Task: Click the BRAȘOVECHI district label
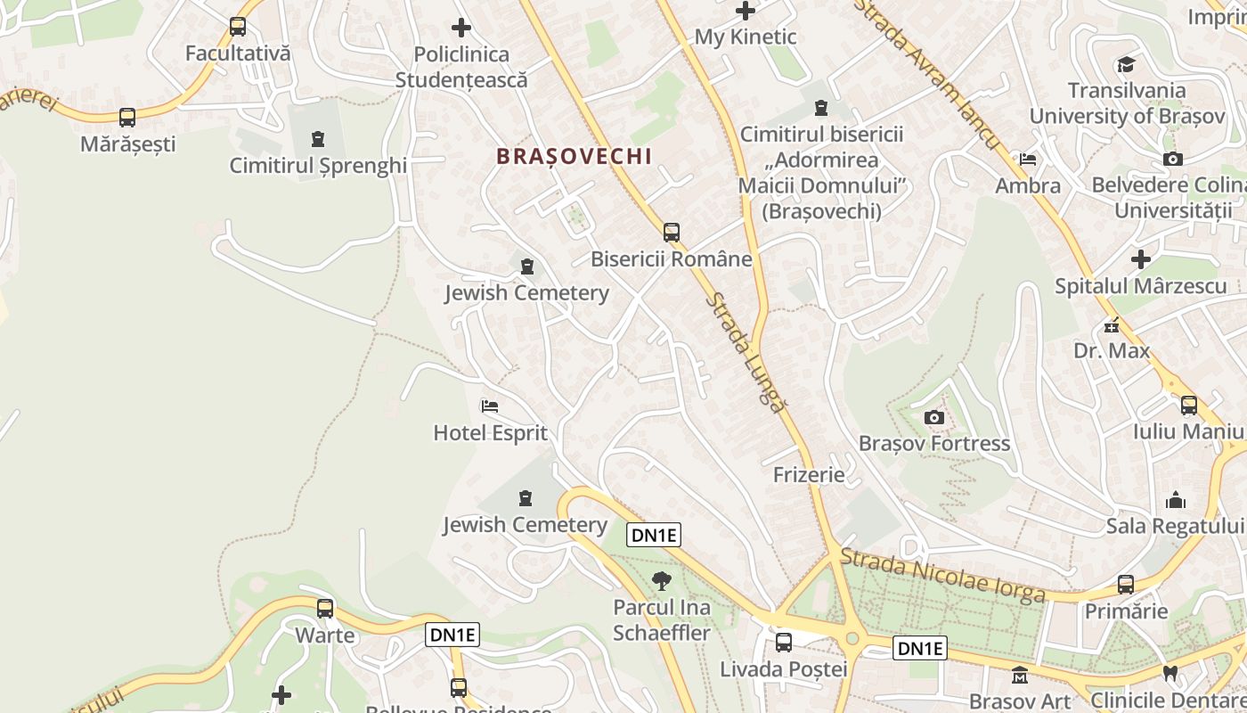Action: pyautogui.click(x=574, y=156)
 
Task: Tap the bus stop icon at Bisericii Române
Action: pyautogui.click(x=671, y=233)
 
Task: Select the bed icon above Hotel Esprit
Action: pyautogui.click(x=489, y=406)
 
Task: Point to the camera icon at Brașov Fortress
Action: pyautogui.click(x=933, y=417)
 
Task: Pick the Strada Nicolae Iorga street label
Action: pyautogui.click(x=942, y=576)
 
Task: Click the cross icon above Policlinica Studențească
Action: pyautogui.click(x=460, y=28)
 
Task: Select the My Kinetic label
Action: pyautogui.click(x=745, y=37)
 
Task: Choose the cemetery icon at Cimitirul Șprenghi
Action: pyautogui.click(x=318, y=139)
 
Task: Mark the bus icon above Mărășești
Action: pyautogui.click(x=127, y=117)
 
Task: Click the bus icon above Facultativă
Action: pyautogui.click(x=237, y=27)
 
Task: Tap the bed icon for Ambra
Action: pyautogui.click(x=1028, y=160)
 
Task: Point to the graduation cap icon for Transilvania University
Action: pyautogui.click(x=1126, y=64)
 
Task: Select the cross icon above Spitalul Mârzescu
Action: pyautogui.click(x=1140, y=259)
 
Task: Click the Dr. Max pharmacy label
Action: pyautogui.click(x=1112, y=350)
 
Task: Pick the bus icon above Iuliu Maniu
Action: pyautogui.click(x=1188, y=406)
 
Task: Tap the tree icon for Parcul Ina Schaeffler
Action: pyautogui.click(x=661, y=581)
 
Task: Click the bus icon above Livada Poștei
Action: pyautogui.click(x=783, y=642)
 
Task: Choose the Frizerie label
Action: pyautogui.click(x=809, y=474)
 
